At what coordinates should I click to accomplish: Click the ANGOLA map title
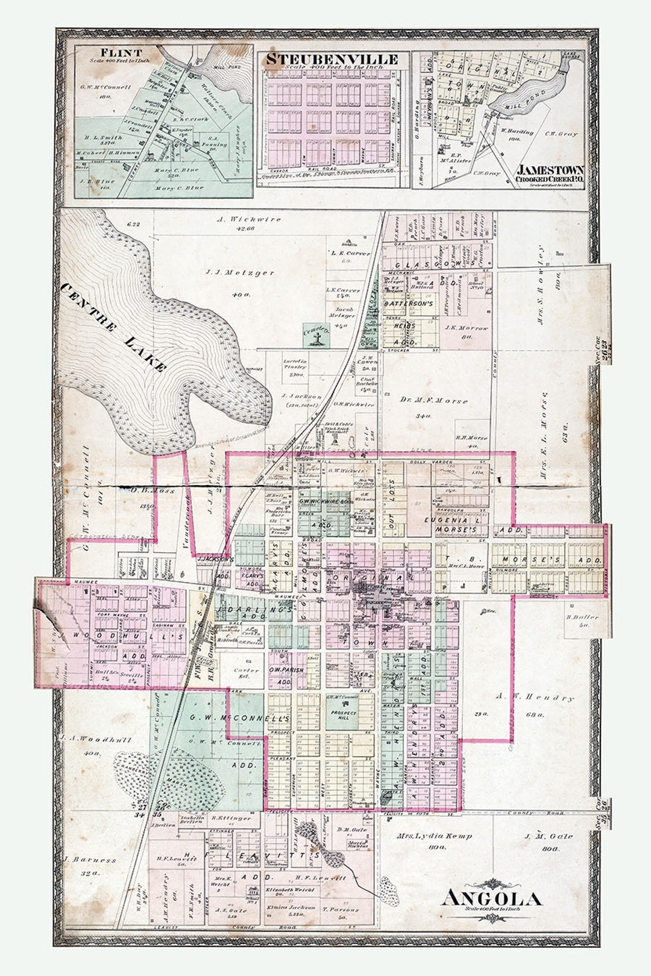click(x=491, y=898)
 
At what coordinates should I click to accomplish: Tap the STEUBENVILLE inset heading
click(x=332, y=59)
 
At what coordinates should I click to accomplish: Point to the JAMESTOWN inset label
click(x=549, y=170)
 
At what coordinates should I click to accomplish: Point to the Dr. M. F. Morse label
click(x=434, y=401)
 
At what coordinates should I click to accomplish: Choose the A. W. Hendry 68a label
click(x=535, y=698)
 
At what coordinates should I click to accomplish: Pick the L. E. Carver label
click(x=350, y=254)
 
